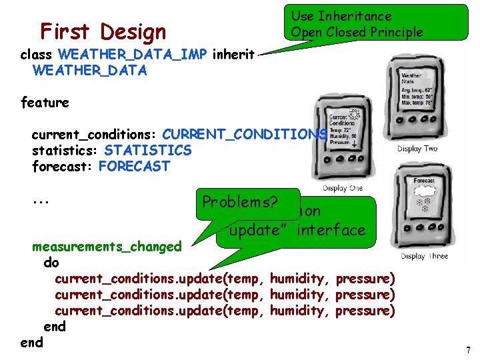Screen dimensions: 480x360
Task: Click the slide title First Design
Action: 103,31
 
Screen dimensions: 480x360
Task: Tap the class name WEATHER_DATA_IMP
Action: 133,55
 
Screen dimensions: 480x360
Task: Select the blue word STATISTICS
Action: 147,151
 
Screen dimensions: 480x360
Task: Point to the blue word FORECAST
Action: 134,167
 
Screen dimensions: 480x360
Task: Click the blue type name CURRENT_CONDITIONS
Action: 245,135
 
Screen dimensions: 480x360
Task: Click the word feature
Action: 45,103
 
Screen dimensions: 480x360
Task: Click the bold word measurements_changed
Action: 107,247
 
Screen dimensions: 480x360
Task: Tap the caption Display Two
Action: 417,148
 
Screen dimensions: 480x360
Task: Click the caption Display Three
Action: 424,256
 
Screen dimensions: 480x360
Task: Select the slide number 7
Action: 468,350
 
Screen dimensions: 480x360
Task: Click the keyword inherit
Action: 233,55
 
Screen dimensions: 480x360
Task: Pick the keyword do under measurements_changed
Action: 51,263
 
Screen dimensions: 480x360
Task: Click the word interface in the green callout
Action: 331,231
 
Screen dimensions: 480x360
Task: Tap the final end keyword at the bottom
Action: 31,343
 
